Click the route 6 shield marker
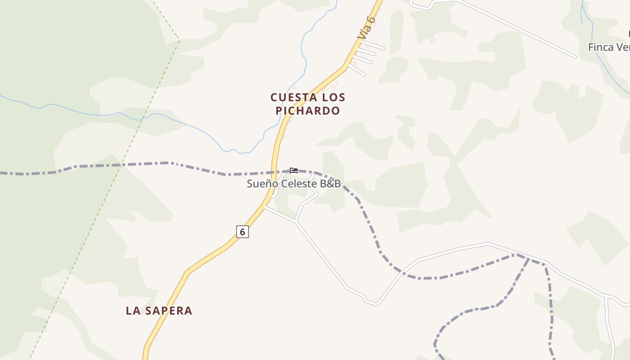tap(242, 232)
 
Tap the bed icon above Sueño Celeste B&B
tap(294, 170)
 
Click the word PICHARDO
tap(308, 111)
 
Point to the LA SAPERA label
tap(159, 310)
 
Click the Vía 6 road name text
tap(366, 27)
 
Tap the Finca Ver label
tap(608, 47)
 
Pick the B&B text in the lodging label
tap(331, 184)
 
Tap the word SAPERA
tap(169, 310)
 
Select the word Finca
tap(600, 47)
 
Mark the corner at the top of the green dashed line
tap(179, 40)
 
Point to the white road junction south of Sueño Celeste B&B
tap(295, 221)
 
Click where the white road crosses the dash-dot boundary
tap(401, 271)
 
